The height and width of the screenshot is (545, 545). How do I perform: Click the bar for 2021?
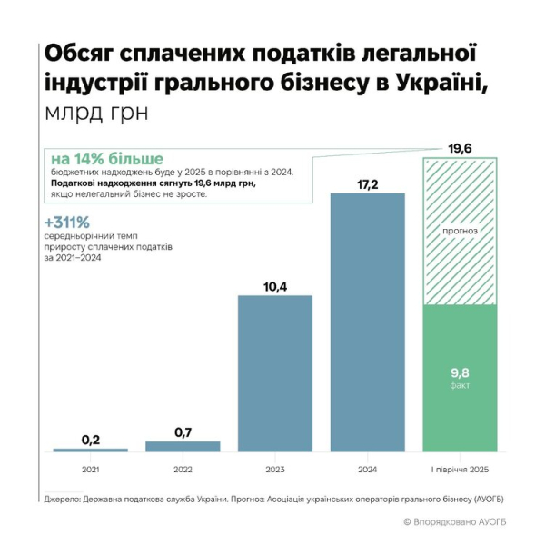pos(90,450)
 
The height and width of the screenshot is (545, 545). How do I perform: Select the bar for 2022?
pos(183,446)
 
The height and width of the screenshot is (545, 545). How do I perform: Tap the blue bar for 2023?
pos(275,373)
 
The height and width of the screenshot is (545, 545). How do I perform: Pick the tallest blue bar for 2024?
pos(367,322)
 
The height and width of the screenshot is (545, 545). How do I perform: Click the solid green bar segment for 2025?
pos(460,378)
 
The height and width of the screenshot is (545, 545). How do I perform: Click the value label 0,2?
pos(90,440)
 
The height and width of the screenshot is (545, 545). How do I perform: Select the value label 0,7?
pos(183,431)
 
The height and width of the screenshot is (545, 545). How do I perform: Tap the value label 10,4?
pos(275,287)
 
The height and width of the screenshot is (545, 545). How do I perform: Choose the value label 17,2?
pos(367,184)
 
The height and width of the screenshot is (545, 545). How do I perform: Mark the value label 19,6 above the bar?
pos(460,147)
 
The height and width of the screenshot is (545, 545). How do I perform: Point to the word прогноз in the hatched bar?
pos(460,232)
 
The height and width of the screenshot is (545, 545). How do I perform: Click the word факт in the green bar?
pos(460,385)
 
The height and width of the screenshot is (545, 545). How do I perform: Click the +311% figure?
pos(66,223)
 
